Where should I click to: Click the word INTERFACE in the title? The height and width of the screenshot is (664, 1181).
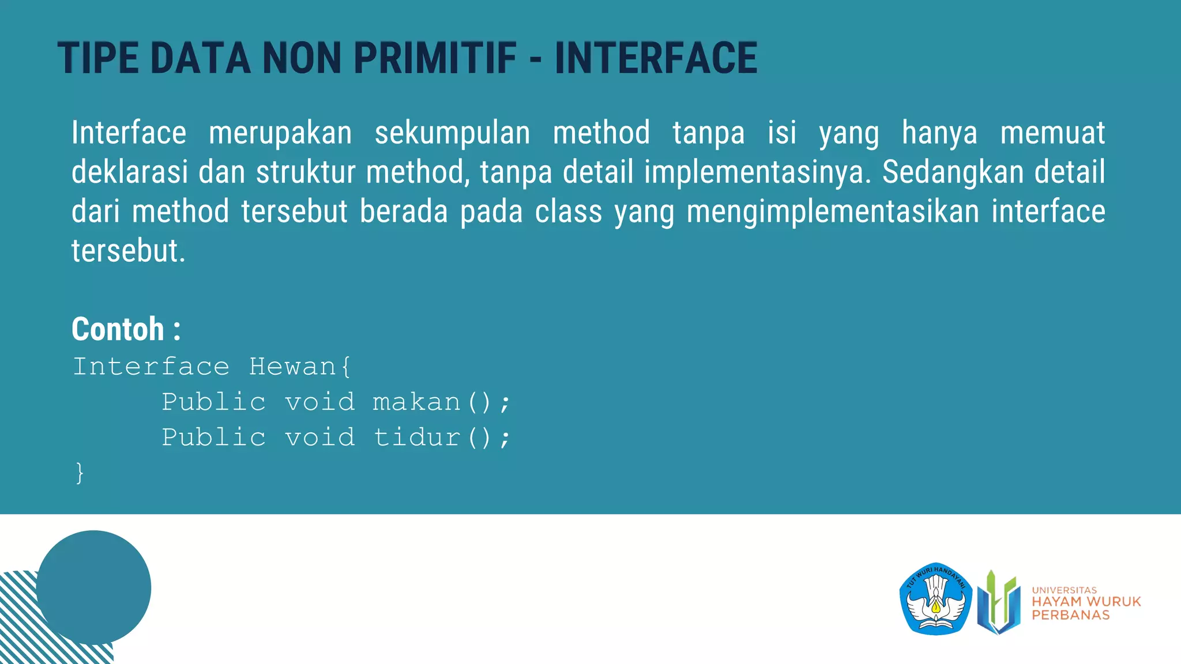coord(656,58)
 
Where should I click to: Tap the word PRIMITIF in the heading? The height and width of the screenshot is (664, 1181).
coord(435,58)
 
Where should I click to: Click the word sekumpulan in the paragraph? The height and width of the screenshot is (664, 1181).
coord(452,133)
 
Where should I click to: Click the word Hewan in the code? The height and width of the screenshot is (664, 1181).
coord(293,367)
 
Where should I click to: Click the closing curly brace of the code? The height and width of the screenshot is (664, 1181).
coord(80,473)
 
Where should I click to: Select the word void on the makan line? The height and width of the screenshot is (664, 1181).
coord(320,402)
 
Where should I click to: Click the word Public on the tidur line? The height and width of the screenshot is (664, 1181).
coord(214,437)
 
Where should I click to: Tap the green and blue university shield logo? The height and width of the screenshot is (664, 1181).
coord(999,602)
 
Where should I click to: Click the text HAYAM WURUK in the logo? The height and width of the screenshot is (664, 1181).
coord(1086,601)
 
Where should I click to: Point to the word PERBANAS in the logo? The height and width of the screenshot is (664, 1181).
coord(1070,615)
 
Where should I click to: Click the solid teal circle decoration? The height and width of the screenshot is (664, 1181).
coord(93,587)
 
